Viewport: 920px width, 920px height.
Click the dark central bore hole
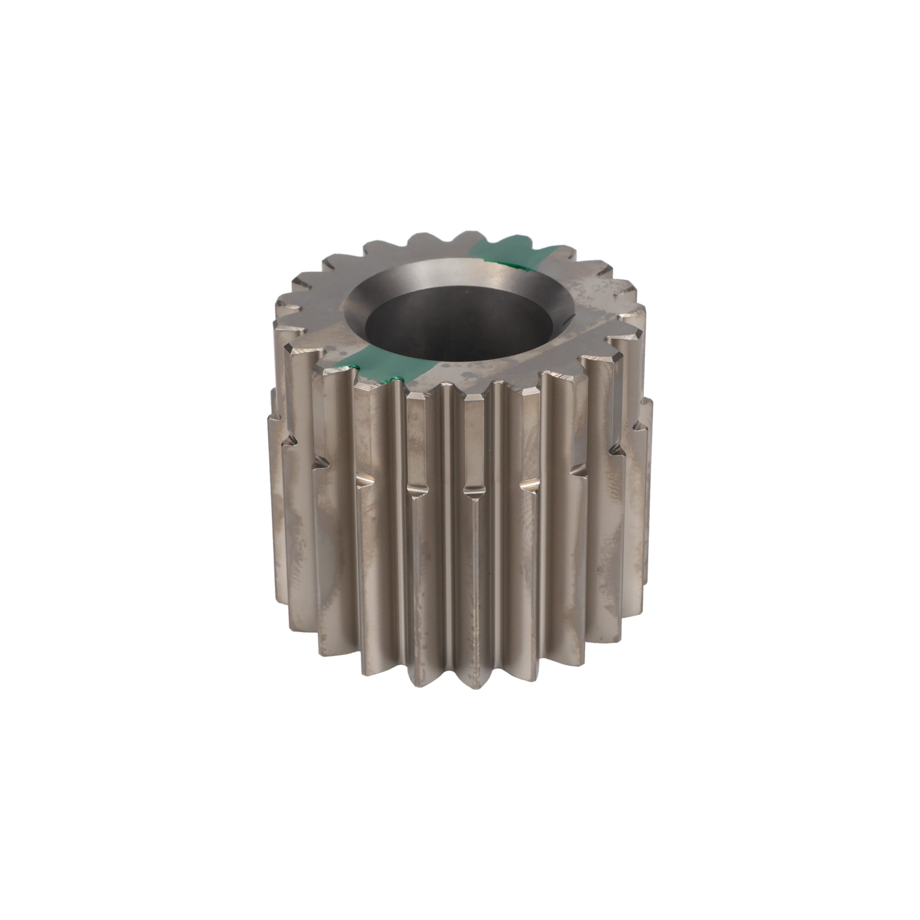460,328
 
